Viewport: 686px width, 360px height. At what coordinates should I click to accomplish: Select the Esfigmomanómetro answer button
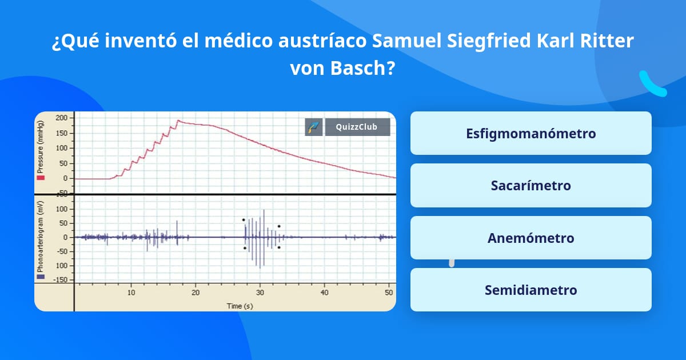(531, 133)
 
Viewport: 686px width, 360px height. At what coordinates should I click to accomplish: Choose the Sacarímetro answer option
(531, 185)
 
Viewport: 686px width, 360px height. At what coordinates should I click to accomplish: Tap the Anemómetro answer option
(531, 238)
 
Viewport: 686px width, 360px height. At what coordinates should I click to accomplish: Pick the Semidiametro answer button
(531, 290)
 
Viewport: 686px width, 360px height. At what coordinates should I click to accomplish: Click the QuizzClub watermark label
(357, 127)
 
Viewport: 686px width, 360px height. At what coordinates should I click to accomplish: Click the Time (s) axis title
(240, 306)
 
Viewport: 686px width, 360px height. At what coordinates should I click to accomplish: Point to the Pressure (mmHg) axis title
(41, 147)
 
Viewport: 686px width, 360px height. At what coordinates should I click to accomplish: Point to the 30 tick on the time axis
(260, 293)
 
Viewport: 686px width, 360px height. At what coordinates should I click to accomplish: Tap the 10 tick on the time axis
(131, 293)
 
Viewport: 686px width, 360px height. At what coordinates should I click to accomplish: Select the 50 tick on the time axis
(388, 293)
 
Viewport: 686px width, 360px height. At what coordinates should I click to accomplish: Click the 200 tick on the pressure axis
(62, 118)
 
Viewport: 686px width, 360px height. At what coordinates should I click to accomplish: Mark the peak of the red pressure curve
(178, 121)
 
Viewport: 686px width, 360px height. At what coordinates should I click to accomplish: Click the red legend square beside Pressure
(41, 178)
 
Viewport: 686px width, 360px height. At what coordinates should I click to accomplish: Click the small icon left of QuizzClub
(313, 127)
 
